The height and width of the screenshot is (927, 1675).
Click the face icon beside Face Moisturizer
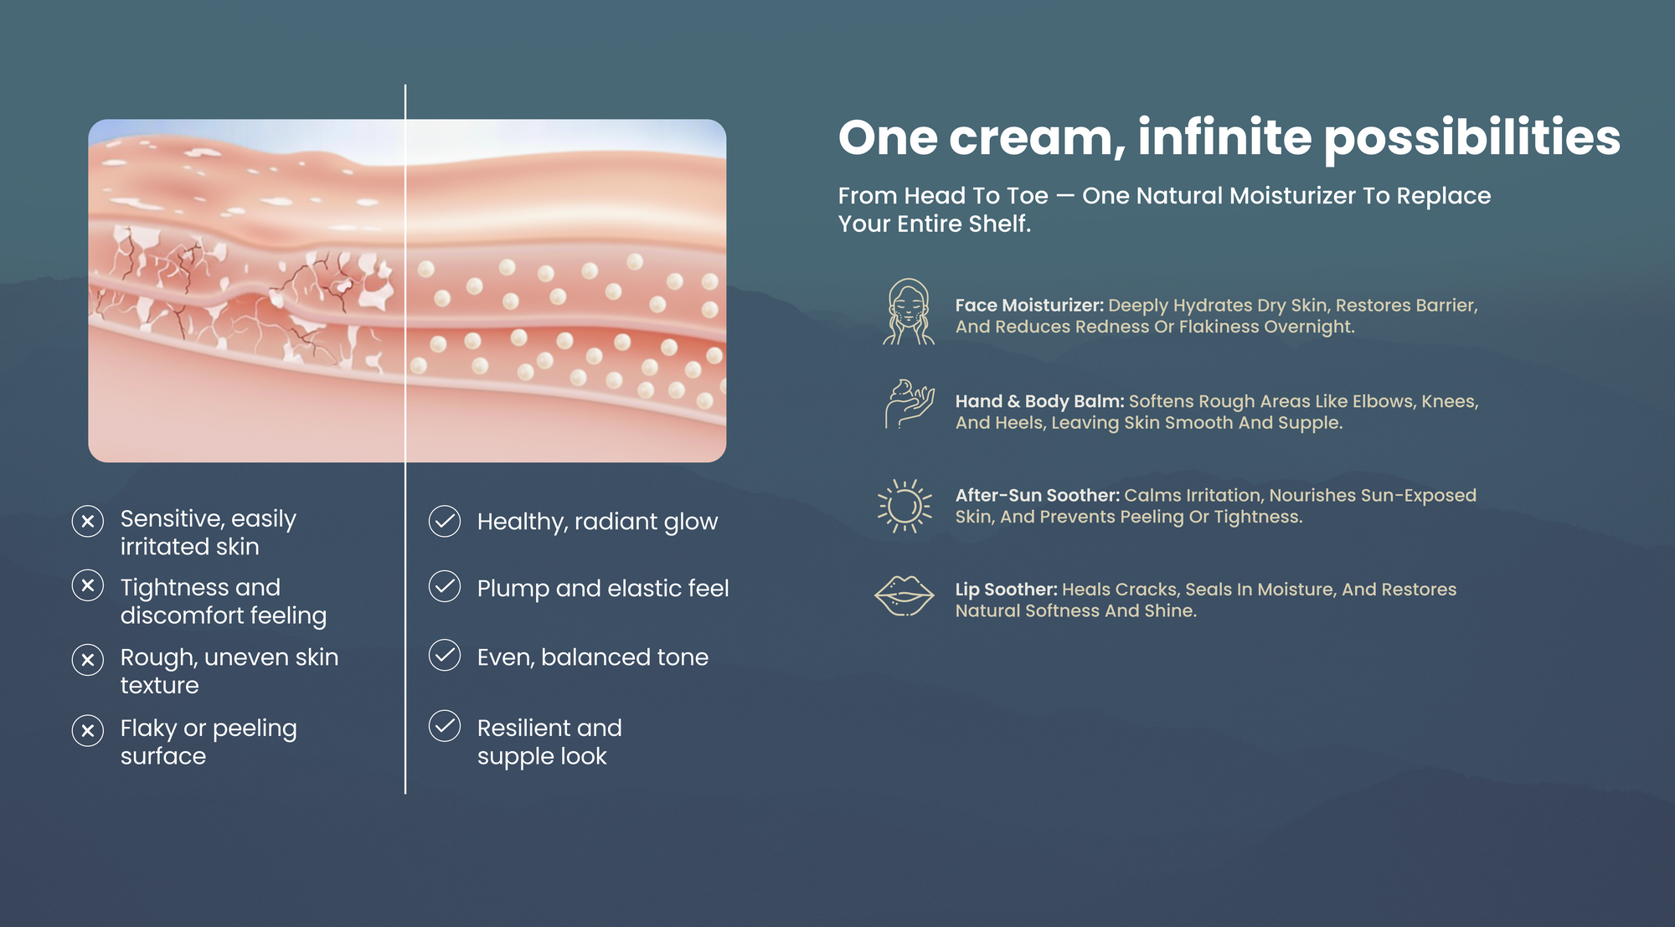click(908, 312)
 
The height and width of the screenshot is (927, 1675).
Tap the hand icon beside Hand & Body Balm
click(910, 404)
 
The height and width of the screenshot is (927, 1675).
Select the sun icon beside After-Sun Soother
click(904, 506)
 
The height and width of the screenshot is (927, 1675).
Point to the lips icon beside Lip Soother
click(904, 596)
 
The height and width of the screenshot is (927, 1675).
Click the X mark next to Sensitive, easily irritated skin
click(88, 521)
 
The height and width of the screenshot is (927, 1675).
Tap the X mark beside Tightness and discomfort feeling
click(88, 585)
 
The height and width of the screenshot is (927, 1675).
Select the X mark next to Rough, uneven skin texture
click(88, 660)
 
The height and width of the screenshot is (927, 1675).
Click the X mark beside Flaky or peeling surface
click(88, 730)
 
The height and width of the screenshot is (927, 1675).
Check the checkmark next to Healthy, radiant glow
click(445, 521)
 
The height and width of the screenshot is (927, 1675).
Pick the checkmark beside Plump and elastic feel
click(445, 586)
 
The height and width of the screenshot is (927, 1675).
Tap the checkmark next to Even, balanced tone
click(445, 655)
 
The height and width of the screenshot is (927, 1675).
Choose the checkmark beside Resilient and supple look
click(445, 726)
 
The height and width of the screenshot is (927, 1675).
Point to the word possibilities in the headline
click(1472, 139)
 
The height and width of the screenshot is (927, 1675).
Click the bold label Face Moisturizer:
click(1029, 306)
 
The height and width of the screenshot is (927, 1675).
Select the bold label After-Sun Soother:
click(1037, 495)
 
